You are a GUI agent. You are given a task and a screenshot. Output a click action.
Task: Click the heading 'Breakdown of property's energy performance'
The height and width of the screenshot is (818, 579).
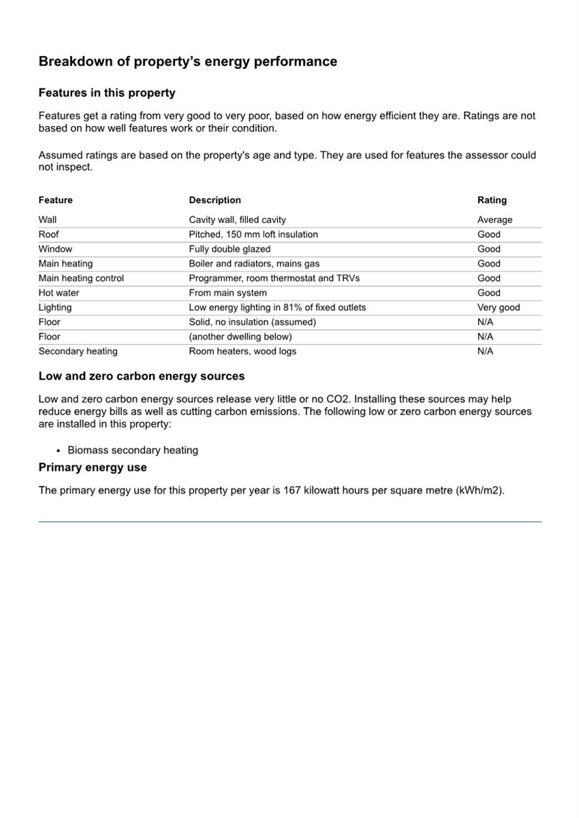(x=187, y=61)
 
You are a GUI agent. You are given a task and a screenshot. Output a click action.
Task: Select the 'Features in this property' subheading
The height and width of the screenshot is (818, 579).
(x=107, y=93)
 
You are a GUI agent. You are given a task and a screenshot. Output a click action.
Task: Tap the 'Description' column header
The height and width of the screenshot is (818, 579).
(x=215, y=200)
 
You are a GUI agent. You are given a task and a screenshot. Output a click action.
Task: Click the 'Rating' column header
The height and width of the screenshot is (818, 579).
(x=492, y=200)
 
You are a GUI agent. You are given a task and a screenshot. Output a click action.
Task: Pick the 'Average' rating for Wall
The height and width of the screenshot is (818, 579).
(x=495, y=219)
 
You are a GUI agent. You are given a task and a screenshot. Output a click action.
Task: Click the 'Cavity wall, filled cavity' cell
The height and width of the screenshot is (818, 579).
(x=237, y=219)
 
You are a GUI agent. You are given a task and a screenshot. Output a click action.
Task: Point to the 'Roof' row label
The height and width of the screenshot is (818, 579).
(x=48, y=234)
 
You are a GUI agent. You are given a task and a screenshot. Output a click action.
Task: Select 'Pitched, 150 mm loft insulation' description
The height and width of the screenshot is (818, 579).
(x=253, y=234)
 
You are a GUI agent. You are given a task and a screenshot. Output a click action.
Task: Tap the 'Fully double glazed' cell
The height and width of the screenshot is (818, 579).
(x=230, y=249)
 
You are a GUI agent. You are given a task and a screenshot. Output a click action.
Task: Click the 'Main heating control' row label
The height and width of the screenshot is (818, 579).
(x=81, y=278)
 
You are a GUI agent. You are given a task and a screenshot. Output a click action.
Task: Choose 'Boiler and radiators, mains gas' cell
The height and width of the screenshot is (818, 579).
(x=254, y=263)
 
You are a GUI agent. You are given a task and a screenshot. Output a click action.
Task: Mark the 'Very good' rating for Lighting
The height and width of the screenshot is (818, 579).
(x=498, y=307)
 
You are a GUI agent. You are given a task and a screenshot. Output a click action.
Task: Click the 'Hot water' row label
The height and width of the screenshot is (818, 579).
(x=59, y=292)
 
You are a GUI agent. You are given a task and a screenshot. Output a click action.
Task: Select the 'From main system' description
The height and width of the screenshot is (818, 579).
(x=228, y=292)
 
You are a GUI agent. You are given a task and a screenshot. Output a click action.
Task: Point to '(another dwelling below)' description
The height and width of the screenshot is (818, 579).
(x=240, y=337)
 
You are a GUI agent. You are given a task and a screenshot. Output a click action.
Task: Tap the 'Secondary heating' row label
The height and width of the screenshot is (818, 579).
(x=78, y=351)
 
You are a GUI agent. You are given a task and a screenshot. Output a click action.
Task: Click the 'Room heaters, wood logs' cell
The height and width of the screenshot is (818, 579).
(x=242, y=351)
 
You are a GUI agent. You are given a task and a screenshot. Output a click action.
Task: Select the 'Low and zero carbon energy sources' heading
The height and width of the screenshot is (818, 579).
(x=142, y=376)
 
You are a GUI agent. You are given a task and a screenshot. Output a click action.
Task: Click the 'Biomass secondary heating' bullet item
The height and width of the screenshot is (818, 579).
(x=133, y=450)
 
